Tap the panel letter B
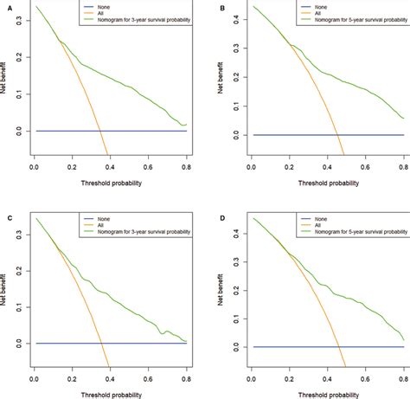224,7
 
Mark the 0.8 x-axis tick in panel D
402,358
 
